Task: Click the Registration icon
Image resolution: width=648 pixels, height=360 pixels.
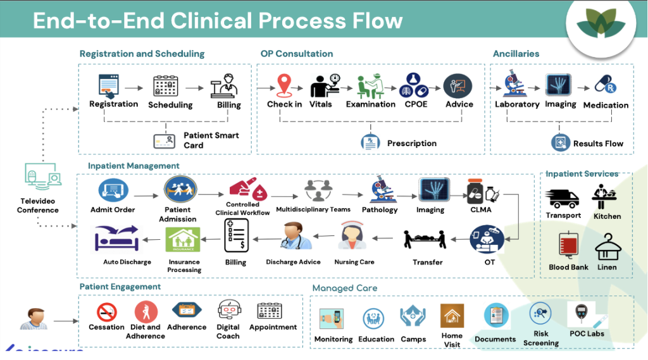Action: tap(109, 86)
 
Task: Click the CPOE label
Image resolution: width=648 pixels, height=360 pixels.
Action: tap(416, 104)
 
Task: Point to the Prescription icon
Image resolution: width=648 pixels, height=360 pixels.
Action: tap(370, 142)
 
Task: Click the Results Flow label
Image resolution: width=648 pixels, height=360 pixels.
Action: tap(598, 144)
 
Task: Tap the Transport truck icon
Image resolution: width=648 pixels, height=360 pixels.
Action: tap(563, 198)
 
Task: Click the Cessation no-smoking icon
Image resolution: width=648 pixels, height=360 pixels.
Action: tap(106, 311)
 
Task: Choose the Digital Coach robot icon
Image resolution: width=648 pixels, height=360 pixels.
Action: tap(228, 311)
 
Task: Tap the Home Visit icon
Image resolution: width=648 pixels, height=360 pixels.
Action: tap(452, 316)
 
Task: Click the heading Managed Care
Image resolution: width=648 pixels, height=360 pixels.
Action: tap(344, 289)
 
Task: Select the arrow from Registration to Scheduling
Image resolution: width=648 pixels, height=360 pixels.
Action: tap(134, 89)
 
